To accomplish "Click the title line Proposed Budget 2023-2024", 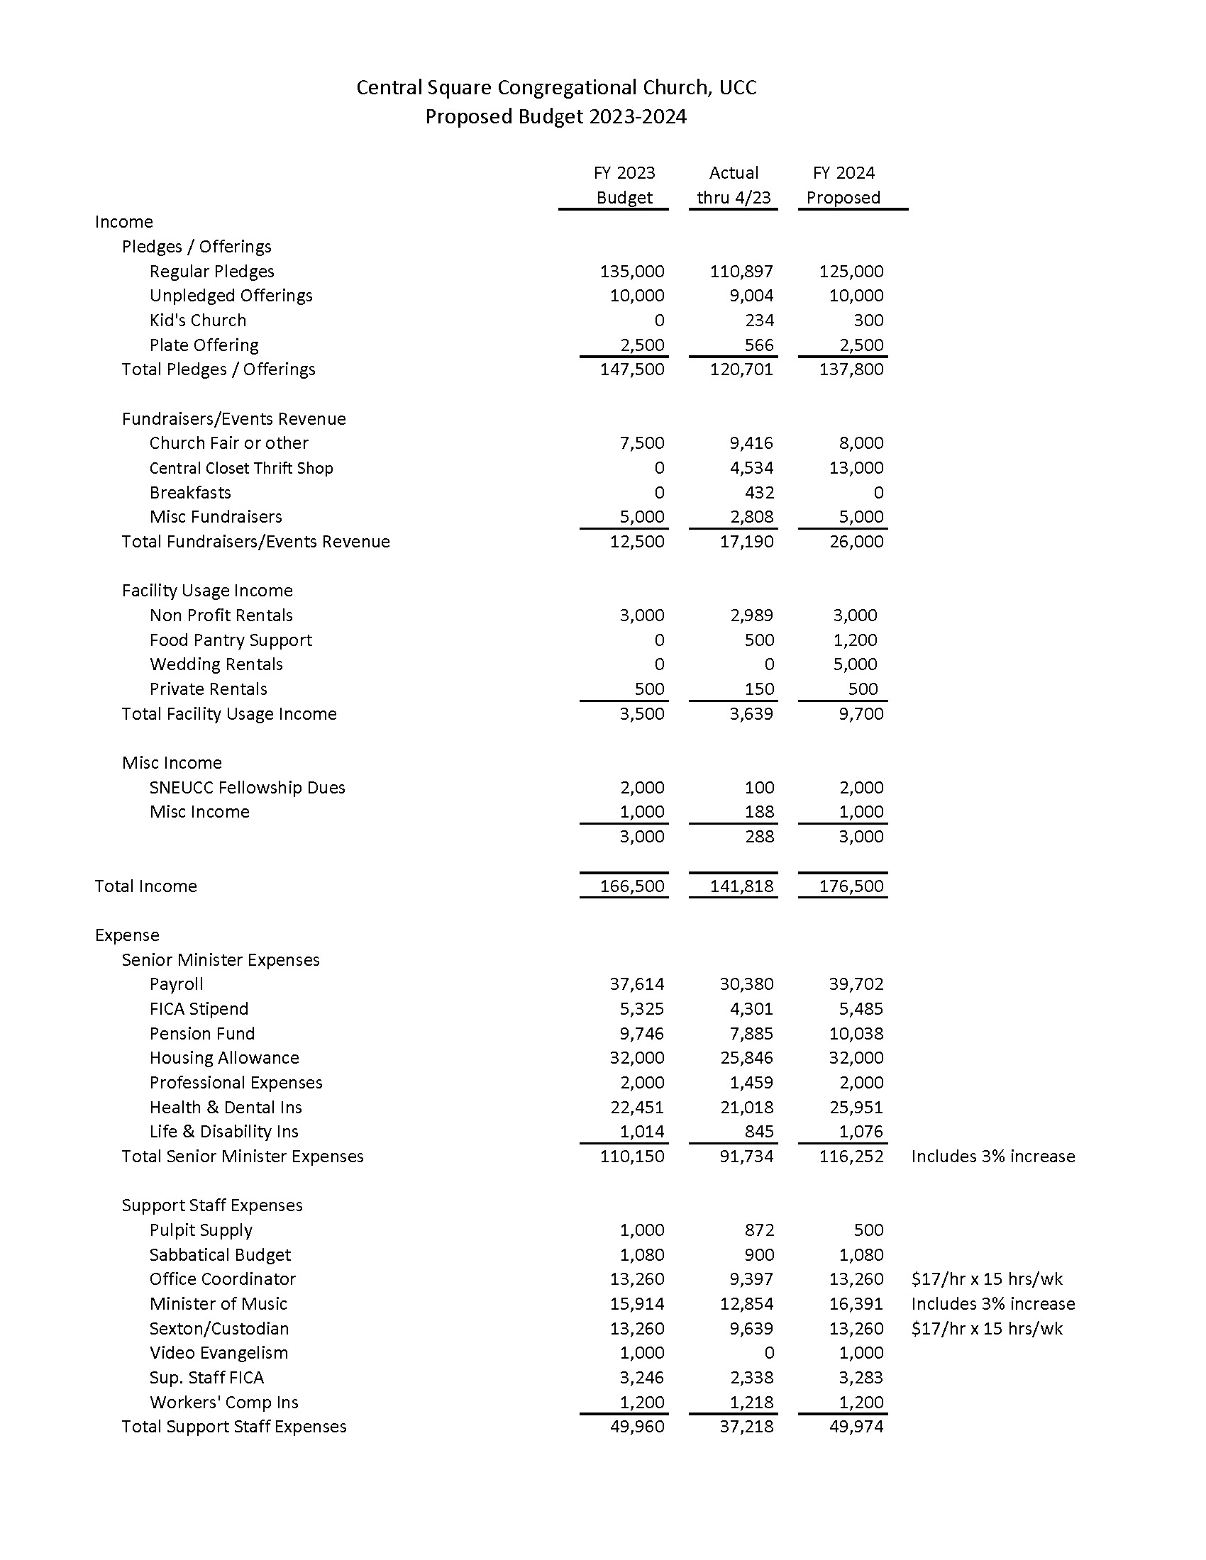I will pyautogui.click(x=555, y=116).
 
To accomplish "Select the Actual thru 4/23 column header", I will pyautogui.click(x=734, y=185).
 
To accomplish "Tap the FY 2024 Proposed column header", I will pyautogui.click(x=843, y=185).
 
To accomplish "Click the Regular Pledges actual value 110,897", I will pyautogui.click(x=741, y=272).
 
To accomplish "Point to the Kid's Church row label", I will pyautogui.click(x=197, y=321).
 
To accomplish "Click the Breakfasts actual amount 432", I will pyautogui.click(x=759, y=493).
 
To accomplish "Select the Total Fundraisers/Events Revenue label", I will pyautogui.click(x=255, y=542).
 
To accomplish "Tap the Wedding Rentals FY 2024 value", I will pyautogui.click(x=855, y=664).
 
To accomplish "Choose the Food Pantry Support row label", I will pyautogui.click(x=230, y=640).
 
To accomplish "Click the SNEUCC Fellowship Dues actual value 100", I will pyautogui.click(x=759, y=788).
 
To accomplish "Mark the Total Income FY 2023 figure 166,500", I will pyautogui.click(x=631, y=886).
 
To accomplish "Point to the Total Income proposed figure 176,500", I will pyautogui.click(x=851, y=886).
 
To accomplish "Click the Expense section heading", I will pyautogui.click(x=126, y=936).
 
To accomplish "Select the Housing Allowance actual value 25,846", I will pyautogui.click(x=746, y=1058).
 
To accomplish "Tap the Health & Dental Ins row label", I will pyautogui.click(x=225, y=1107).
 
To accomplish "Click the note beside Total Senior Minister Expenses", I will pyautogui.click(x=992, y=1157).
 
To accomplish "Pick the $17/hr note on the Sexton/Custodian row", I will pyautogui.click(x=987, y=1329).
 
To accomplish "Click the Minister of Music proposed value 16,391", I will pyautogui.click(x=856, y=1304).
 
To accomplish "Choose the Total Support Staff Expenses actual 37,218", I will pyautogui.click(x=746, y=1427).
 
